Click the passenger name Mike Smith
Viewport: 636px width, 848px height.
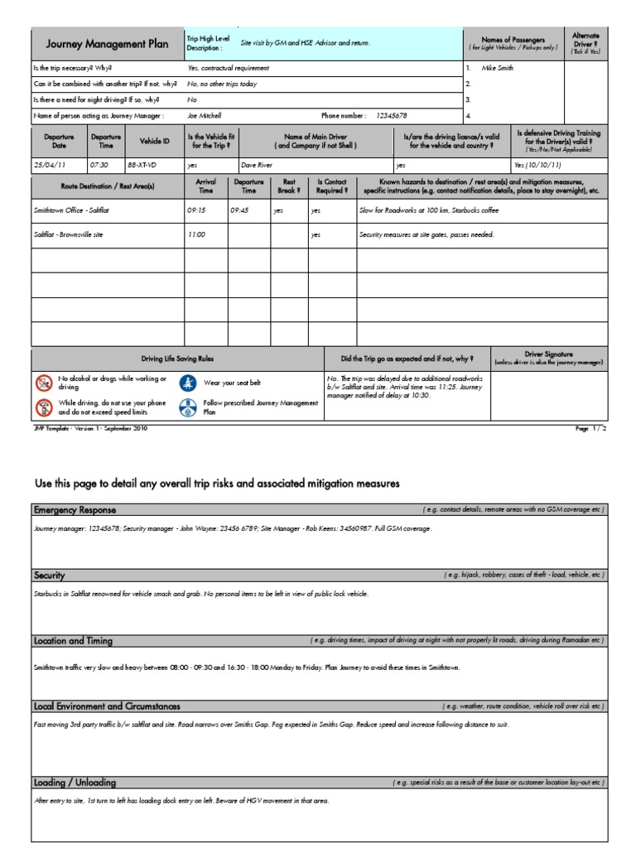[x=497, y=68]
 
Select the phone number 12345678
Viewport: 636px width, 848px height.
[x=392, y=115]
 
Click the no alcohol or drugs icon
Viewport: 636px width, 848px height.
[x=43, y=383]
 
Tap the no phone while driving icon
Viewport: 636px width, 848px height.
[x=43, y=407]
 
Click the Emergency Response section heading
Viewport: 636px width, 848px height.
[x=75, y=509]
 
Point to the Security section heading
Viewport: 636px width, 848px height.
[x=49, y=575]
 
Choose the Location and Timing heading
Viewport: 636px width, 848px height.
[x=73, y=641]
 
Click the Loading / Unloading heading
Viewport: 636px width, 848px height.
[x=75, y=783]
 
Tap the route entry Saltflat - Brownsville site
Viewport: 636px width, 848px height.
[x=70, y=234]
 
